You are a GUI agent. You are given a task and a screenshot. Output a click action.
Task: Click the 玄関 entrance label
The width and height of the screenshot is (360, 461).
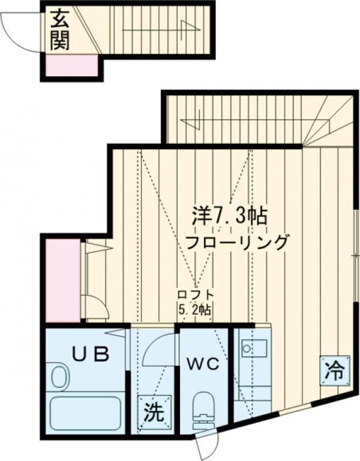[x=59, y=31]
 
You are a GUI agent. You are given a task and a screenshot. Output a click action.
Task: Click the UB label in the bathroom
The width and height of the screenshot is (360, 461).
[x=91, y=354]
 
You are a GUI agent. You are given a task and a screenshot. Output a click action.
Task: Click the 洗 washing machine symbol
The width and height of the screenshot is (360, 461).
[x=153, y=412]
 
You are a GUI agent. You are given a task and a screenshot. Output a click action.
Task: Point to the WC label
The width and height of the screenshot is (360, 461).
[x=202, y=363]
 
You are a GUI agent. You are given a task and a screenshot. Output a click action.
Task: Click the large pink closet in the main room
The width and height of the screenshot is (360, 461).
[x=63, y=280]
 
